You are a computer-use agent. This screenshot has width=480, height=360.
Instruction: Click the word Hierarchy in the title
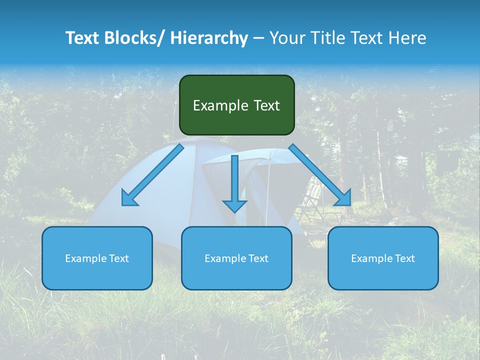point(209,38)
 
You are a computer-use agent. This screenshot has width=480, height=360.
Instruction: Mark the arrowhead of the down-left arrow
point(129,198)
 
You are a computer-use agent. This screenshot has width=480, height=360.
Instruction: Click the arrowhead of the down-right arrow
point(343,198)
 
